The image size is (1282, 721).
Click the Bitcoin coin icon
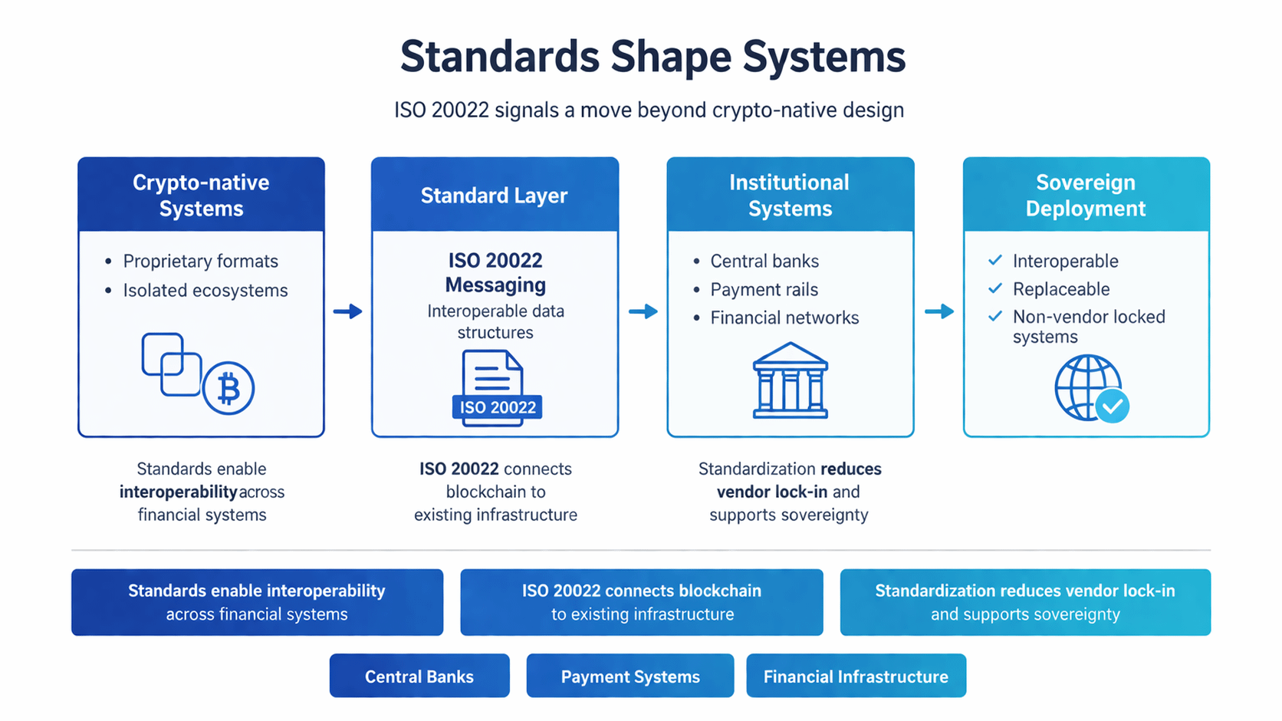point(228,388)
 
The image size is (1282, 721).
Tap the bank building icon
point(791,380)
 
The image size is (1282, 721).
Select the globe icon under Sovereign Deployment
point(1089,388)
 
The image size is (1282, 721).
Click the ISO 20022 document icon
point(495,387)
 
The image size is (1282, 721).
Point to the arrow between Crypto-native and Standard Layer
point(347,311)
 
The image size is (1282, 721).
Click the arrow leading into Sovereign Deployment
point(939,311)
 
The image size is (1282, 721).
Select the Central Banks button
point(419,676)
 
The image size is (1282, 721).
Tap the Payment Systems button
point(630,676)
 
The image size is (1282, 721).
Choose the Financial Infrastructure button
point(856,676)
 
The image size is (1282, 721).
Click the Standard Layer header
point(495,196)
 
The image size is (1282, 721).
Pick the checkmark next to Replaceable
point(995,288)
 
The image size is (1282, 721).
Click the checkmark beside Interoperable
point(995,260)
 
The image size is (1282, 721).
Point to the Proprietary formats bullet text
point(200,261)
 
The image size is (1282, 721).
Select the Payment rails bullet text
point(764,289)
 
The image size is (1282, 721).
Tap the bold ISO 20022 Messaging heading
point(495,272)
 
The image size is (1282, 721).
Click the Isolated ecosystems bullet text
point(205,290)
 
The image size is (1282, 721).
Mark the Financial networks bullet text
point(784,318)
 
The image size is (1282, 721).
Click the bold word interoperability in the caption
point(178,492)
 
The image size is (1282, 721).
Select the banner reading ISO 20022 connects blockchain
point(642,602)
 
